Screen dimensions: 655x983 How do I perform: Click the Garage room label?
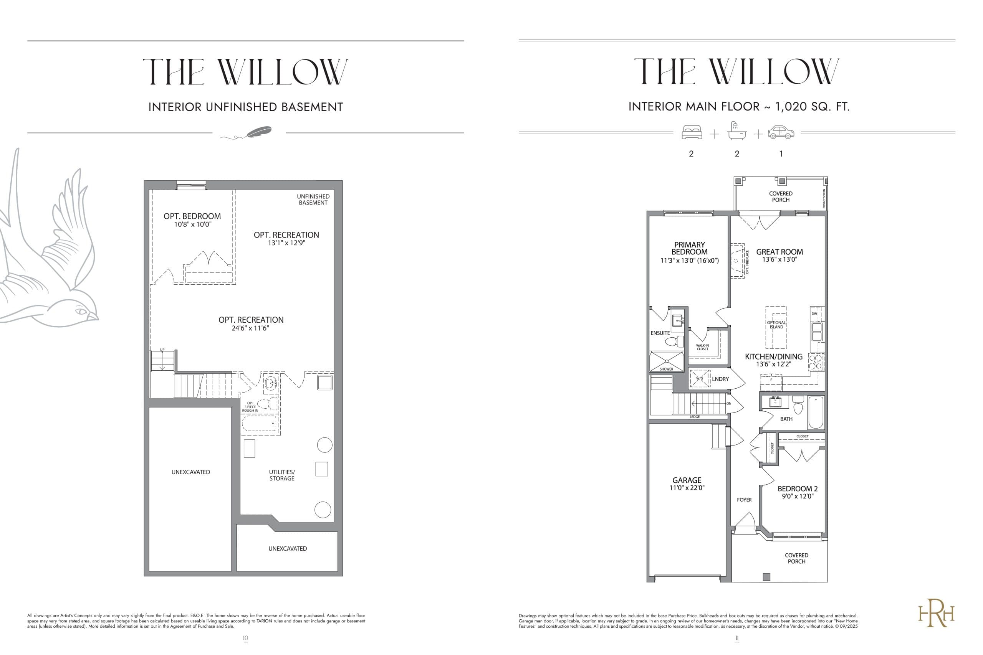(x=687, y=480)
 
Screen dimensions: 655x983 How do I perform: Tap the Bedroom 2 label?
(x=798, y=489)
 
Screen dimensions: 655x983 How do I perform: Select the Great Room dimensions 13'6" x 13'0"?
(x=779, y=259)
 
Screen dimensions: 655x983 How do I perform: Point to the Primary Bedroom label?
(x=690, y=248)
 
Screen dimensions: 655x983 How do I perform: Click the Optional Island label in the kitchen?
(x=776, y=325)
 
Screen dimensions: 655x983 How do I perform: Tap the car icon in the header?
(x=781, y=132)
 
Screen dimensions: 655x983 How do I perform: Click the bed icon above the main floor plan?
(x=692, y=132)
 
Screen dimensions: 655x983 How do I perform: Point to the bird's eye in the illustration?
(x=80, y=311)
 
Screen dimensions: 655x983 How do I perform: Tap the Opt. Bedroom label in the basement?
(x=192, y=216)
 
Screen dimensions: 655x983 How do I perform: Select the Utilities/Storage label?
(x=282, y=475)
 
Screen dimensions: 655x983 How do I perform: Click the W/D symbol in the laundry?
(x=700, y=378)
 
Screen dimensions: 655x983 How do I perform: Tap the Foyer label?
(x=744, y=500)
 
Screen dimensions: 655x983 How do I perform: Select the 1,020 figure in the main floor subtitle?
(x=791, y=107)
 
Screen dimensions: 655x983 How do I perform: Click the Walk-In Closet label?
(x=702, y=347)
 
